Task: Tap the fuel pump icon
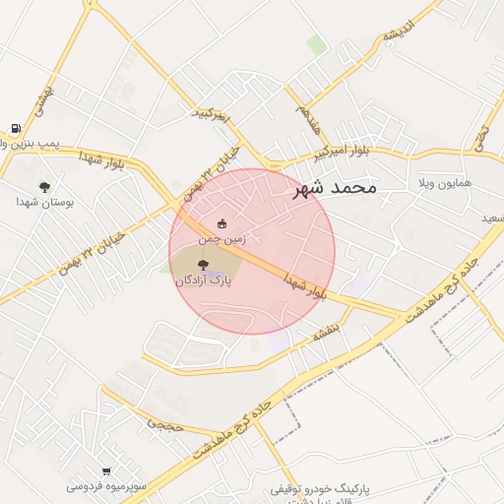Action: (x=17, y=128)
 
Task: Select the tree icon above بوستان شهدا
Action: (x=44, y=186)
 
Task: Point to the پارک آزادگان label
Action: (x=204, y=281)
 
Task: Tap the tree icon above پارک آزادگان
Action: (x=204, y=265)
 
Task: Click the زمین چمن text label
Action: (x=221, y=238)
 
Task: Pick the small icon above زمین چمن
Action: (x=221, y=223)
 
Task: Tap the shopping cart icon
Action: (x=106, y=472)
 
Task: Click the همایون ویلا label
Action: (x=444, y=184)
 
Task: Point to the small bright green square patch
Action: (x=316, y=44)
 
